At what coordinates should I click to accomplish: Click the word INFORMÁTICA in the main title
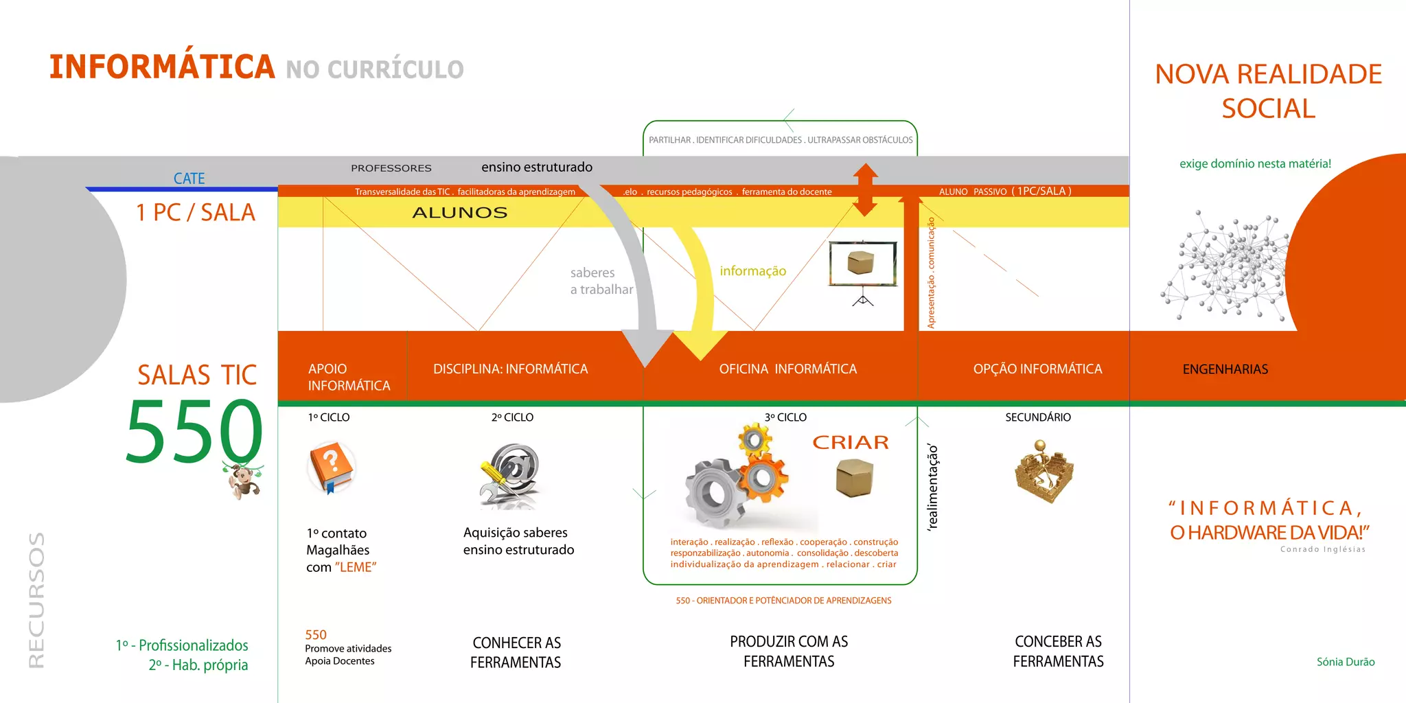coord(162,67)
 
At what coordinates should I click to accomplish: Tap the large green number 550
coord(194,431)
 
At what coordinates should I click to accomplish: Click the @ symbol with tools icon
coord(510,474)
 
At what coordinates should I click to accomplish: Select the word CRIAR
coord(851,443)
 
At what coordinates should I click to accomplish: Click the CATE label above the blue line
coord(189,178)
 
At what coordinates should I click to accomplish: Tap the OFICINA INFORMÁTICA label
coord(787,369)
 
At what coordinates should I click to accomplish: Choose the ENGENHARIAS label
coord(1225,369)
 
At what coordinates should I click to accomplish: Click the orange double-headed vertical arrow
coord(865,189)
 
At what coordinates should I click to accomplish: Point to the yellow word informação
coord(752,271)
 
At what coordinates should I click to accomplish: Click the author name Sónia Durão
coord(1345,662)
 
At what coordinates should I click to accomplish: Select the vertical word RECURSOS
coord(36,599)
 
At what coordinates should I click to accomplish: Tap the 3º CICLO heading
coord(785,417)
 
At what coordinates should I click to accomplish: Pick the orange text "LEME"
coord(356,568)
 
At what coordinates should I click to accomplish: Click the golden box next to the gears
coord(855,477)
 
